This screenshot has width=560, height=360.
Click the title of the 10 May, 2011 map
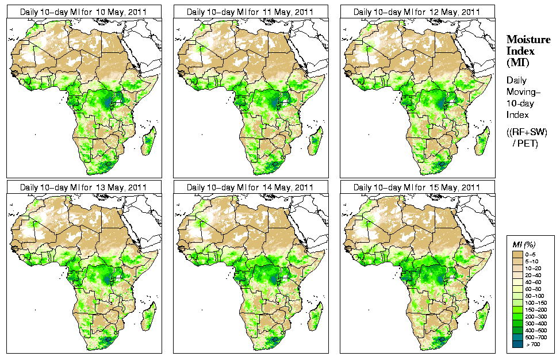point(83,12)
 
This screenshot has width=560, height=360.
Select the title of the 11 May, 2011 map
point(250,12)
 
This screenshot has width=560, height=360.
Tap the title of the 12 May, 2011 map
point(417,12)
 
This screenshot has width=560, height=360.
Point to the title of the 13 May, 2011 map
point(83,187)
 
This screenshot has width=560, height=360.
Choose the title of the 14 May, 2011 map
point(250,187)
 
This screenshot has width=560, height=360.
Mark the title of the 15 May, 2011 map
point(417,187)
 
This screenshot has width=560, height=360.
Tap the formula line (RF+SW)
point(527,132)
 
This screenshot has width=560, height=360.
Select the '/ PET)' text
point(526,143)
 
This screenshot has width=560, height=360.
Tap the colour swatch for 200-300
point(517,316)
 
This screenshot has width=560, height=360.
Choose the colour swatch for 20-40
point(517,274)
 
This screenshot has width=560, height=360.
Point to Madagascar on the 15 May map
point(482,315)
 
